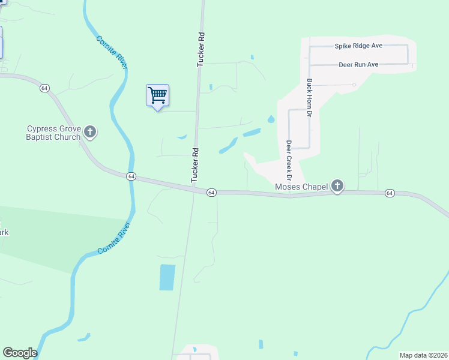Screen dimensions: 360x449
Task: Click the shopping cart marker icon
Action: pos(157,95)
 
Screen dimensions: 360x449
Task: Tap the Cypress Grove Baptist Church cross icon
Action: pos(90,132)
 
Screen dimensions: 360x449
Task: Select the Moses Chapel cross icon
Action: pos(337,187)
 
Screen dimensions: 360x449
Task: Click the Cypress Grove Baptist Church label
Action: pos(53,133)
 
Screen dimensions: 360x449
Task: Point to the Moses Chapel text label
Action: pos(301,187)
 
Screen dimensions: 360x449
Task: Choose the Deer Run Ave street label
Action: pos(358,64)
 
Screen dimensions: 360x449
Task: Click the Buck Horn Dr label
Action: pos(310,98)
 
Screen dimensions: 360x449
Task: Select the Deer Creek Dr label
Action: pos(289,160)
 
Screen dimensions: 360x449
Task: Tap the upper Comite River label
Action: pos(112,53)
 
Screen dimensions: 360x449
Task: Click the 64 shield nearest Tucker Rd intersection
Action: pos(211,192)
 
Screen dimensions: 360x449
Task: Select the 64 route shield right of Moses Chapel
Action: pos(390,193)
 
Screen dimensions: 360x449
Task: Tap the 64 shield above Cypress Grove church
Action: pos(44,88)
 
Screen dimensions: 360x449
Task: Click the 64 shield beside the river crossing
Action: pos(131,176)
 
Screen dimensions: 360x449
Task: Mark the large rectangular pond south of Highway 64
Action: pos(167,277)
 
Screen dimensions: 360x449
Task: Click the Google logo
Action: pos(20,353)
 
